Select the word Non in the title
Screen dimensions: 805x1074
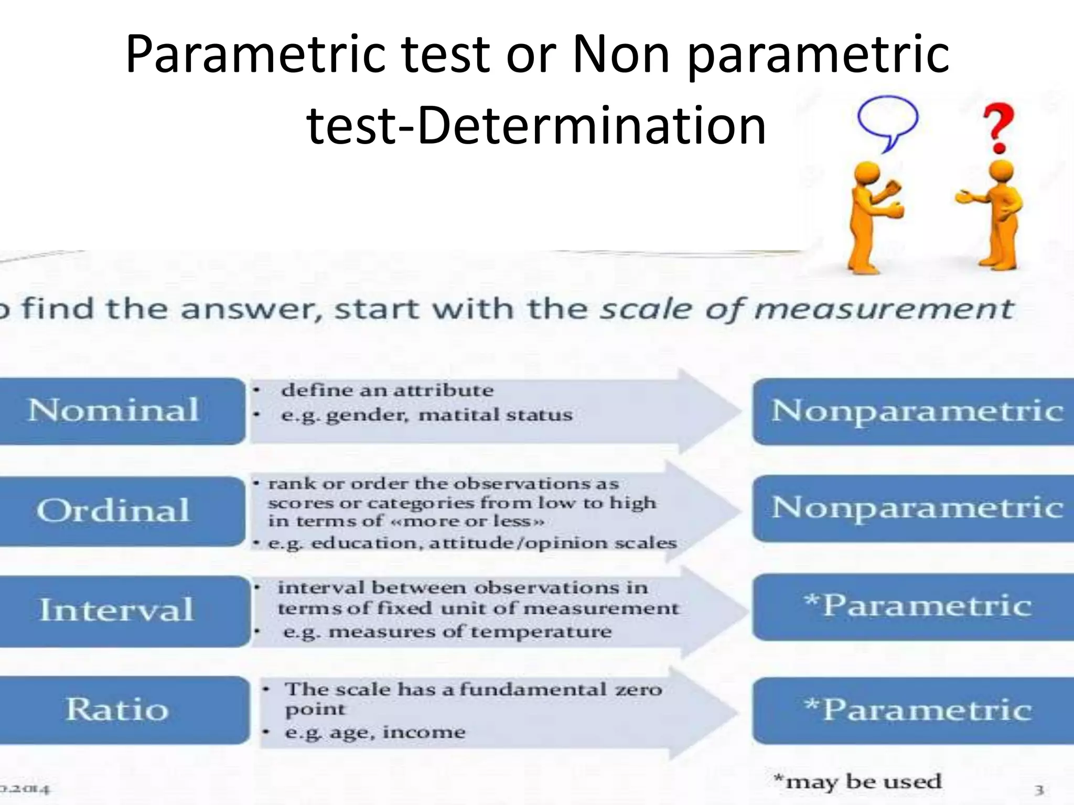pos(622,55)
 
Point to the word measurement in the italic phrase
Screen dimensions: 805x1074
pos(883,309)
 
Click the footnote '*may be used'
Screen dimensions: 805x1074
pos(858,781)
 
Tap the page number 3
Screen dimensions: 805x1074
pos(1039,789)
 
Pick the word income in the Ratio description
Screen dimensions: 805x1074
pos(424,732)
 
